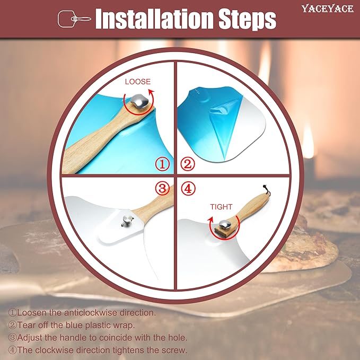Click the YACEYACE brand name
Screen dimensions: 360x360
coord(328,8)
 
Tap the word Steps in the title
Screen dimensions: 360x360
coord(247,20)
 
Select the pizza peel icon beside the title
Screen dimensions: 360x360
coord(74,19)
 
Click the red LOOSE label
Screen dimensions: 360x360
coord(138,82)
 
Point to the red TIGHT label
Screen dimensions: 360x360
coord(221,207)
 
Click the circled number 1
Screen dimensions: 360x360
coord(163,164)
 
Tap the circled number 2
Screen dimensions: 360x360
coord(188,164)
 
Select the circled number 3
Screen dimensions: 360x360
coord(163,189)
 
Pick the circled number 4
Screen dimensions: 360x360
coord(188,189)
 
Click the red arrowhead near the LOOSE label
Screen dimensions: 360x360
coord(151,92)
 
